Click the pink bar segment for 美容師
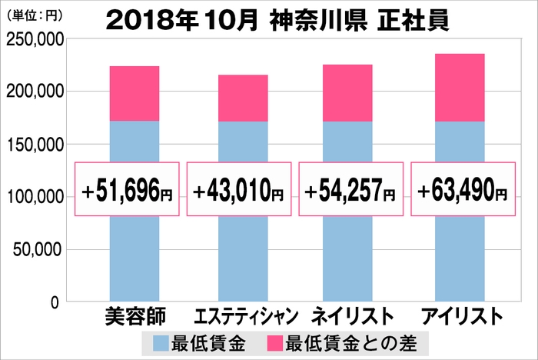[x=134, y=94]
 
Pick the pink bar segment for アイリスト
[x=460, y=88]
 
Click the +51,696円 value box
[x=127, y=189]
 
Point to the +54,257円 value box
[x=350, y=189]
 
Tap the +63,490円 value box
[x=462, y=189]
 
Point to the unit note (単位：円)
[x=35, y=14]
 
